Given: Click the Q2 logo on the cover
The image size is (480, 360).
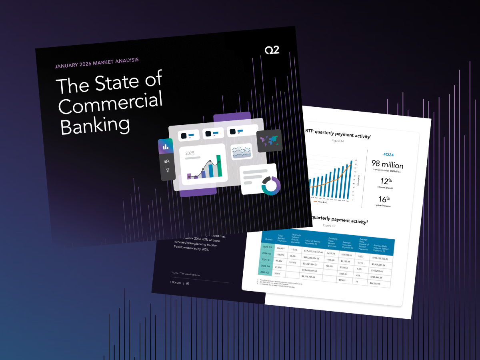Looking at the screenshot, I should pyautogui.click(x=272, y=50).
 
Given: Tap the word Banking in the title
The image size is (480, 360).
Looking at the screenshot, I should pyautogui.click(x=95, y=125).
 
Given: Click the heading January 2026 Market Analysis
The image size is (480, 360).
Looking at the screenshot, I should pyautogui.click(x=97, y=63).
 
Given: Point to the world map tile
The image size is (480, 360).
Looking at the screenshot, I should pyautogui.click(x=269, y=140).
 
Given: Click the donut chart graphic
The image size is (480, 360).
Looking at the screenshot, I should pyautogui.click(x=271, y=186).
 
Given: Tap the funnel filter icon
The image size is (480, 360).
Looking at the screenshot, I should pyautogui.click(x=168, y=170).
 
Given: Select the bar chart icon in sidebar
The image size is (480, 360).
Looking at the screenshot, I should pyautogui.click(x=166, y=147).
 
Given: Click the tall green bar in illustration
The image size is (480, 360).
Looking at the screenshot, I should pyautogui.click(x=219, y=166).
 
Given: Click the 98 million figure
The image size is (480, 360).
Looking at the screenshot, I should pyautogui.click(x=387, y=165).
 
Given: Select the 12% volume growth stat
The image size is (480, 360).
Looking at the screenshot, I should pyautogui.click(x=386, y=182).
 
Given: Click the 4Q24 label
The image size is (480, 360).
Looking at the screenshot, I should pyautogui.click(x=388, y=154).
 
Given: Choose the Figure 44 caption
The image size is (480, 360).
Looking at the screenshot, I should pyautogui.click(x=338, y=141).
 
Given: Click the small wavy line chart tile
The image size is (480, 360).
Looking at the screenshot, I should pyautogui.click(x=242, y=152).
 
